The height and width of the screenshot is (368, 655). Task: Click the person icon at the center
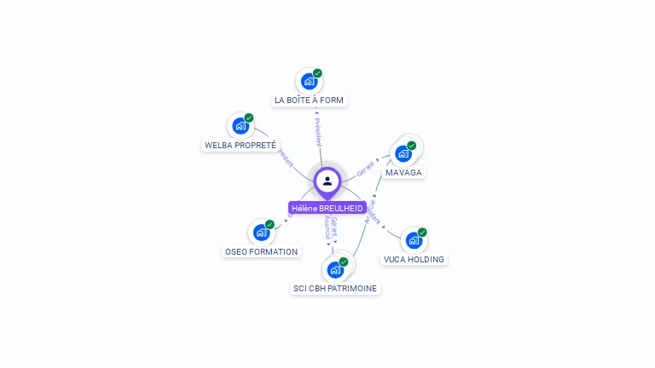click(x=327, y=181)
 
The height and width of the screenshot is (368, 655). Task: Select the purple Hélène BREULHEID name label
click(x=327, y=208)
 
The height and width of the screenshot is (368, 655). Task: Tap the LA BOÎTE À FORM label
click(x=309, y=100)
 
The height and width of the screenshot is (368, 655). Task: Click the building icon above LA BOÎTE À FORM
click(x=309, y=81)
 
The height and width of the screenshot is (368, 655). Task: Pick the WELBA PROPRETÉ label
click(x=241, y=145)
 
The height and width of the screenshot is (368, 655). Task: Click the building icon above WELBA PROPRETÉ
click(x=241, y=126)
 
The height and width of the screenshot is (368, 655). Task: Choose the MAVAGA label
click(x=403, y=172)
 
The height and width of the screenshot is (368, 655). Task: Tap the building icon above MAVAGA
click(x=403, y=153)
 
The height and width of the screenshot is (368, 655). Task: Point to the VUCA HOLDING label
click(x=414, y=259)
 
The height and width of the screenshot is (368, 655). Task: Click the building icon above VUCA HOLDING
click(x=414, y=240)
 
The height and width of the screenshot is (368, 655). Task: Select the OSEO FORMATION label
click(x=261, y=251)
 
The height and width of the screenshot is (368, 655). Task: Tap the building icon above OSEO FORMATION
click(x=261, y=233)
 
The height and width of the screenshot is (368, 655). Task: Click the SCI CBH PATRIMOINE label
click(x=335, y=288)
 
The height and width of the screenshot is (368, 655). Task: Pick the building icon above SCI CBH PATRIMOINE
click(x=335, y=269)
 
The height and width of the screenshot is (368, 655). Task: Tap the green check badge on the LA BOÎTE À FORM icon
click(x=317, y=73)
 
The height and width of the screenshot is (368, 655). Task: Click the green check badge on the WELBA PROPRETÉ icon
click(x=249, y=118)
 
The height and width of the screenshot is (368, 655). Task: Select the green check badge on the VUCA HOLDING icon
click(x=422, y=232)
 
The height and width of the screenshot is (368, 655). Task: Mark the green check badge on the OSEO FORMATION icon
click(x=270, y=224)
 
